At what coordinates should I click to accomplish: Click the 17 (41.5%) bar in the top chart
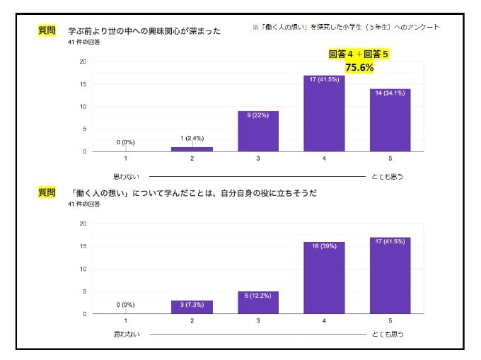coord(324,113)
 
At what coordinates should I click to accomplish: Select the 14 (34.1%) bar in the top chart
coord(390,120)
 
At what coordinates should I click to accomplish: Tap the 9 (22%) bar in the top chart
coord(258,132)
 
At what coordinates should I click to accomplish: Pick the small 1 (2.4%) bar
coord(192,149)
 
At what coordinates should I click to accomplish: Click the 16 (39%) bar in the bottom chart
coord(324,278)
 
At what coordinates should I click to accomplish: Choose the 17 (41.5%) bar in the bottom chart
coord(390,276)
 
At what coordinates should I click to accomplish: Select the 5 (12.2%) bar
coord(258,303)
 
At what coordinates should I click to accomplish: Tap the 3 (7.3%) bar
coord(192,307)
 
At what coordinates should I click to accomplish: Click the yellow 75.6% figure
coord(359,67)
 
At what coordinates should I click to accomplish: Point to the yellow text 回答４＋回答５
coord(359,54)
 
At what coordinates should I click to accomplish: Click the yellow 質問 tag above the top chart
coord(47,30)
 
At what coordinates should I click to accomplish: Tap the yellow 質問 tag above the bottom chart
coord(47,192)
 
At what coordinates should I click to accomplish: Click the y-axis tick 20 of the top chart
coord(83,62)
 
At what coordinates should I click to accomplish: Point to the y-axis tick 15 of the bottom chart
coord(83,246)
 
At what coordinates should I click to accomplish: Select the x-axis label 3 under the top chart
coord(258,159)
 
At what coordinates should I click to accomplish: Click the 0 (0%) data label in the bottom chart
coord(126,305)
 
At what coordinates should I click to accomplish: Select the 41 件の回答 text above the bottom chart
coord(84,204)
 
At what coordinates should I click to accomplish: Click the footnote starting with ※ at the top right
coord(345,27)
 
